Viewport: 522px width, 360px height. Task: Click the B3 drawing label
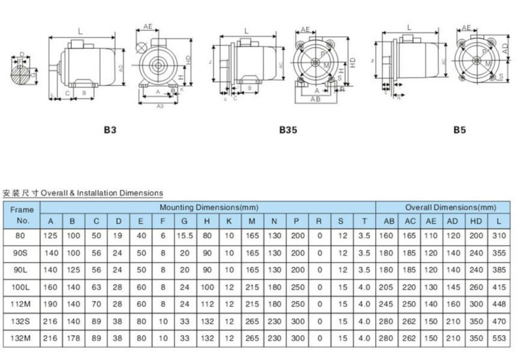coord(110,130)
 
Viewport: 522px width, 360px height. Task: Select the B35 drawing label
coord(288,130)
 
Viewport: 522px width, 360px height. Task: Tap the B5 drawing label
coord(459,130)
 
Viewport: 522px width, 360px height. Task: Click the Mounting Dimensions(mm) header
coord(207,207)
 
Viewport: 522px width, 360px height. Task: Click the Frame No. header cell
coord(22,213)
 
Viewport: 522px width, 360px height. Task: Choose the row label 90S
coord(22,251)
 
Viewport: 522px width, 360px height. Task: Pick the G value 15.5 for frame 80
coord(185,234)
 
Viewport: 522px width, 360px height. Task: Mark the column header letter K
coord(229,220)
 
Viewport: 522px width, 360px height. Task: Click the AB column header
coord(388,220)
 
